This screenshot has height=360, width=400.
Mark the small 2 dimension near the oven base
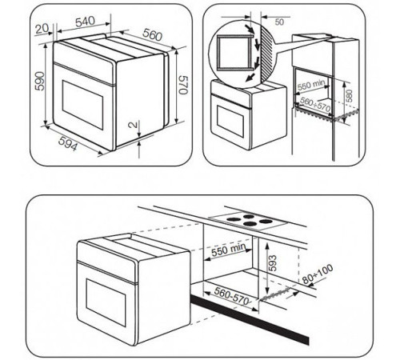(138, 126)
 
